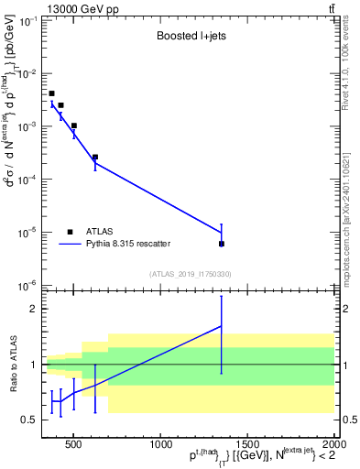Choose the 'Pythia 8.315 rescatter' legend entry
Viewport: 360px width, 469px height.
pos(128,244)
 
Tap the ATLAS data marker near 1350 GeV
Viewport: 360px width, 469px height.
pos(221,244)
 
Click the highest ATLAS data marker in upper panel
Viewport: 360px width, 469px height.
pos(52,93)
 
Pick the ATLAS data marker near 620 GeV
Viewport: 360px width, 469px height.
pos(95,157)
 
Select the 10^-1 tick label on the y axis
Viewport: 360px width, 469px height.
pos(25,20)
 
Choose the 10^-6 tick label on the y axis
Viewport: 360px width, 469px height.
pos(25,286)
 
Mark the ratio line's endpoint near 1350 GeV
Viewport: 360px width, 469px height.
pos(221,326)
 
